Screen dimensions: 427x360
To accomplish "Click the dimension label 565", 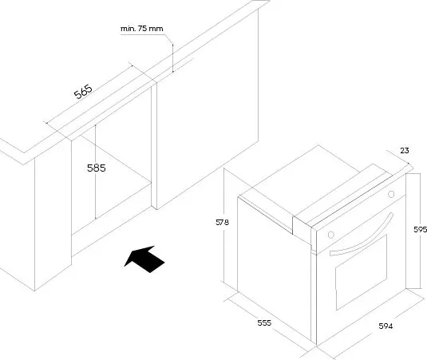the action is point(83,92).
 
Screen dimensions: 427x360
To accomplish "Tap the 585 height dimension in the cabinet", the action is point(97,168).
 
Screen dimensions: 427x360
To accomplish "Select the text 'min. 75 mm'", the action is point(142,29).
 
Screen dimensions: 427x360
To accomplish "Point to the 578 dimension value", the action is point(222,223).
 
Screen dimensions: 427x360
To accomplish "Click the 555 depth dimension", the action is point(264,323).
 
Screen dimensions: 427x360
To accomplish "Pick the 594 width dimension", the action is point(385,326).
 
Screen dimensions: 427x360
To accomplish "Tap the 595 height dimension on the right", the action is point(420,230).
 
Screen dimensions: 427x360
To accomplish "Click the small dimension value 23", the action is point(405,151).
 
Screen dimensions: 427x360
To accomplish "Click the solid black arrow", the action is point(144,259).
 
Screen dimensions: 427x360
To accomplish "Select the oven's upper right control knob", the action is point(391,194).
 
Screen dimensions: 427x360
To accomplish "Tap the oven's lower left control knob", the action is point(331,235).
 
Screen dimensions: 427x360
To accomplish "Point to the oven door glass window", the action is point(362,272).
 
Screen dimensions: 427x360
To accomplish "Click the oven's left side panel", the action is point(275,268).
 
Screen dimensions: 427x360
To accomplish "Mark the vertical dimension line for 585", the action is point(95,172).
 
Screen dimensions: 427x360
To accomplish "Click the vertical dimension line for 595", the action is point(405,231).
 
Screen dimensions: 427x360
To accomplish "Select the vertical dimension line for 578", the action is point(223,225).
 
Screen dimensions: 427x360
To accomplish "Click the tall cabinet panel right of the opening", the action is point(208,109).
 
